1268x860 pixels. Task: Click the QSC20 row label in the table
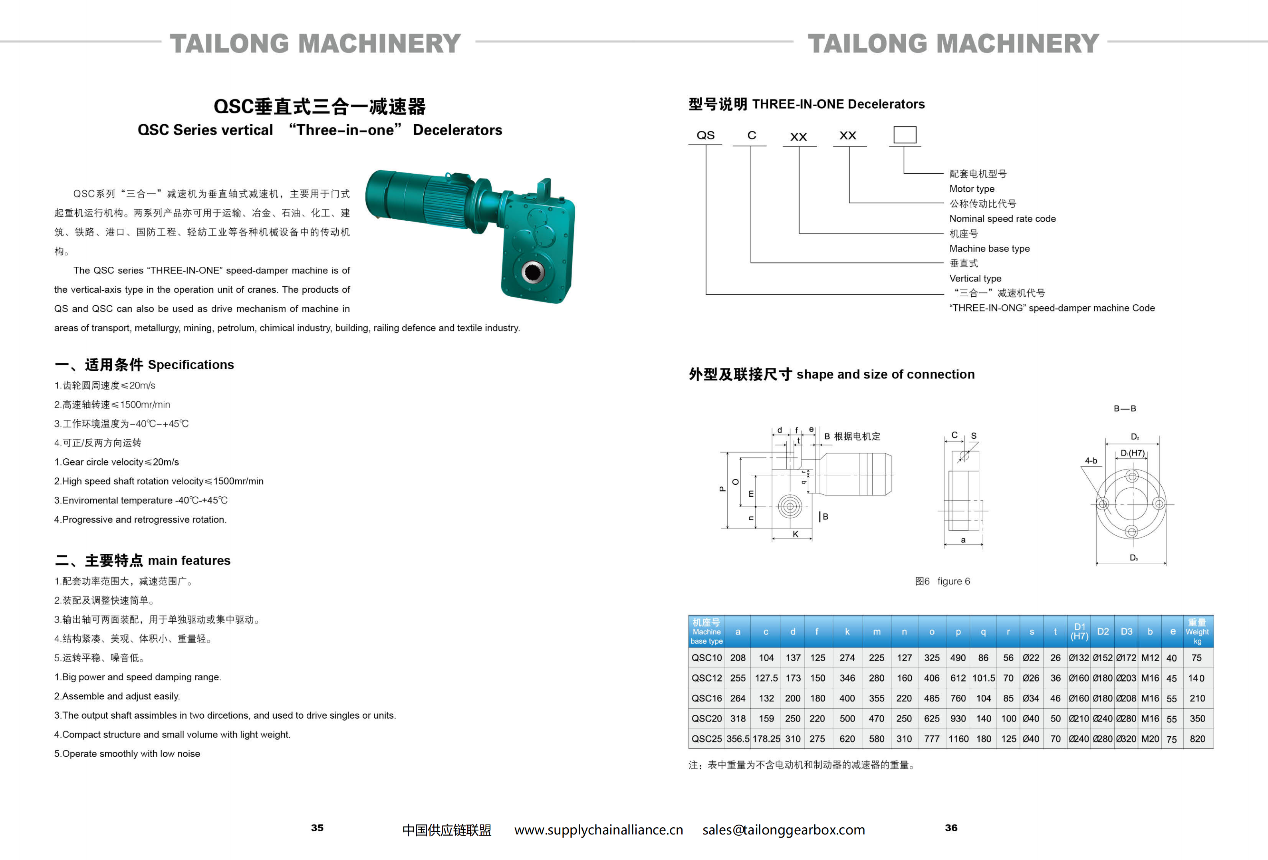coord(706,718)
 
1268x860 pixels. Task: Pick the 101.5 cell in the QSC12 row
coord(983,678)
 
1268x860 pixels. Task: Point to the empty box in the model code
coord(904,135)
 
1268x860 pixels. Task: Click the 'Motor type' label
coord(971,189)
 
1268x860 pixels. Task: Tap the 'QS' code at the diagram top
coord(705,135)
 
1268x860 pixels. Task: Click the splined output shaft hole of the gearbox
coord(532,271)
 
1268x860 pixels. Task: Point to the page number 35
coord(317,827)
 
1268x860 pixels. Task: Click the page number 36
coord(951,827)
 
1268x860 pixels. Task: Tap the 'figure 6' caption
coord(953,581)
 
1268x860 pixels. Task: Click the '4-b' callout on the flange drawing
coord(1090,461)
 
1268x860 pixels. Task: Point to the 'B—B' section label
coord(1125,408)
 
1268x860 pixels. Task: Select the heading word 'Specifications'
coord(190,365)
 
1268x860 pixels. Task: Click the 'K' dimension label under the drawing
coord(795,534)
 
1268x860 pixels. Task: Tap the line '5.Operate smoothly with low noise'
coord(127,754)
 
